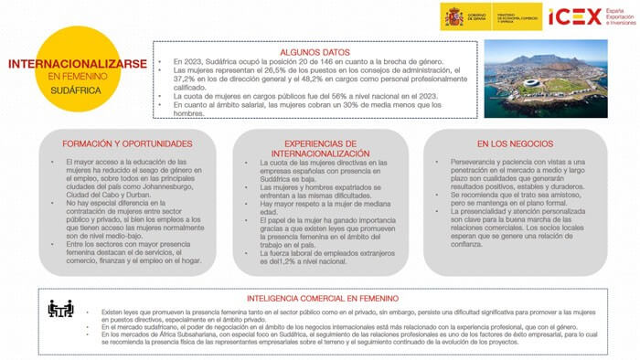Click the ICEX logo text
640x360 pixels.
point(574,16)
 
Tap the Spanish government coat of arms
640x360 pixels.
point(453,16)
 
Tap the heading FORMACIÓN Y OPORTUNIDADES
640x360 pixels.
point(113,143)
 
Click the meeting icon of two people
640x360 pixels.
point(60,309)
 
